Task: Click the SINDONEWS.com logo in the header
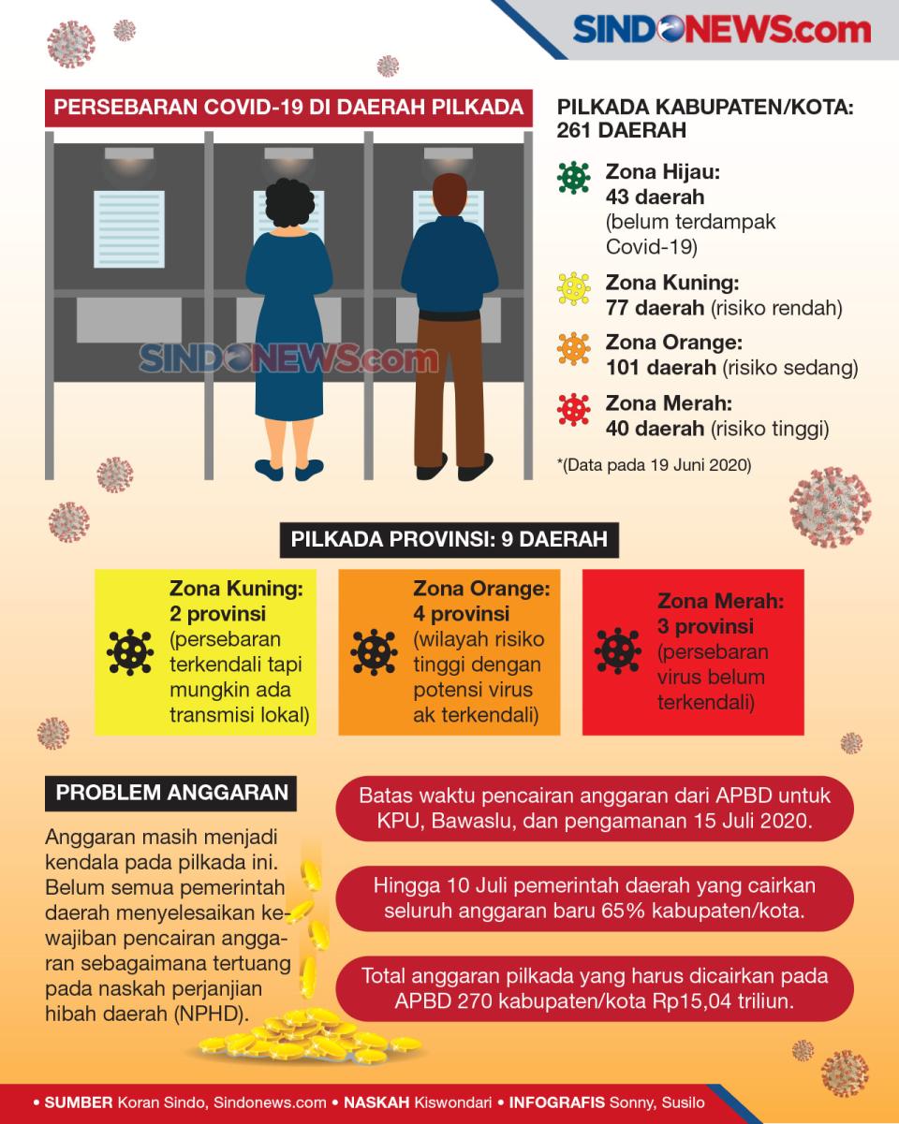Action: point(722,29)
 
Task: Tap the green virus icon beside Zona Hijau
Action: point(573,178)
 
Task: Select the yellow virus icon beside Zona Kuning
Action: point(573,288)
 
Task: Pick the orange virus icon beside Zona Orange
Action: point(573,348)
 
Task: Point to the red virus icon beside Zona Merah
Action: point(573,410)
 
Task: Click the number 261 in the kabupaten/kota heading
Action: point(574,131)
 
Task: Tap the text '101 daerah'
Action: point(660,368)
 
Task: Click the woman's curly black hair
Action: point(289,203)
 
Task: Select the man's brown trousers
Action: point(450,392)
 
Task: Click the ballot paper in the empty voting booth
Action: point(129,228)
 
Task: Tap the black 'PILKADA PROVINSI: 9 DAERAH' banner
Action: point(449,540)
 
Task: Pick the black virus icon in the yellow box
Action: point(129,652)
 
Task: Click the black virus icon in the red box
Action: point(618,650)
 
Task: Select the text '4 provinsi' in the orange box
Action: point(461,614)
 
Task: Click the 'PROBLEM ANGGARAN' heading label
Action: point(171,793)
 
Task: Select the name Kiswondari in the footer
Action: point(452,1102)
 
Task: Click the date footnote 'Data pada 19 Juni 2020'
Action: point(658,465)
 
